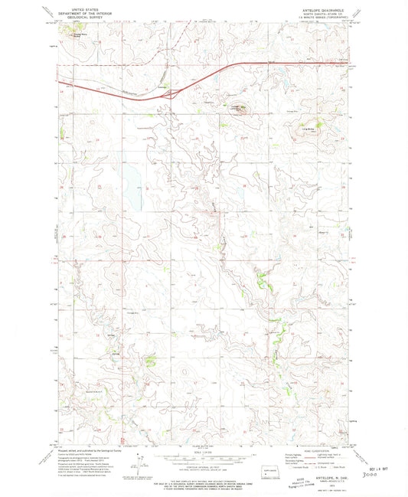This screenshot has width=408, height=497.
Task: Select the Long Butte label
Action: tap(310, 129)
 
